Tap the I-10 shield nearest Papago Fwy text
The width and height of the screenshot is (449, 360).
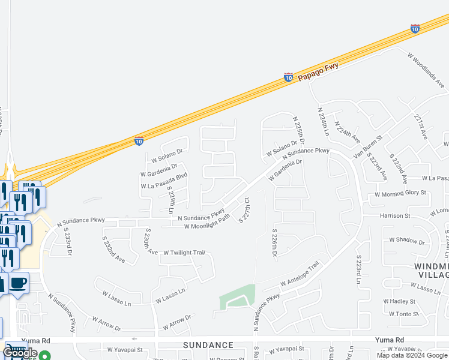click(x=288, y=77)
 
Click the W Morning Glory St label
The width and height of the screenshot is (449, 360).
click(x=400, y=193)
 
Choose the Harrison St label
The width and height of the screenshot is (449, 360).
click(x=394, y=215)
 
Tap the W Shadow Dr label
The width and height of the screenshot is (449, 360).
click(x=406, y=241)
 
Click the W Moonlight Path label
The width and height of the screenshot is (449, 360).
click(x=206, y=223)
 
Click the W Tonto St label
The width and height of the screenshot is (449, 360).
click(x=403, y=314)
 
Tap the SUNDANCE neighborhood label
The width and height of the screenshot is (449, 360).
click(x=208, y=345)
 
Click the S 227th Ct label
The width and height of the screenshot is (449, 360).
click(x=244, y=208)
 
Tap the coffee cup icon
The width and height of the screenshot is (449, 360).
click(x=19, y=282)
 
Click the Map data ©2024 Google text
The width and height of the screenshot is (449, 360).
click(x=412, y=355)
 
